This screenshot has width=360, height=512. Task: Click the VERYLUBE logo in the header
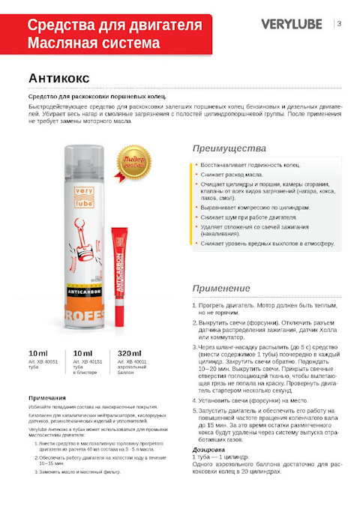293,24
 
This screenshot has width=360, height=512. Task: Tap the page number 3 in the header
340,23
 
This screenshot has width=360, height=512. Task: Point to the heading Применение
220,288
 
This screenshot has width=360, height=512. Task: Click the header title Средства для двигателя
114,25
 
